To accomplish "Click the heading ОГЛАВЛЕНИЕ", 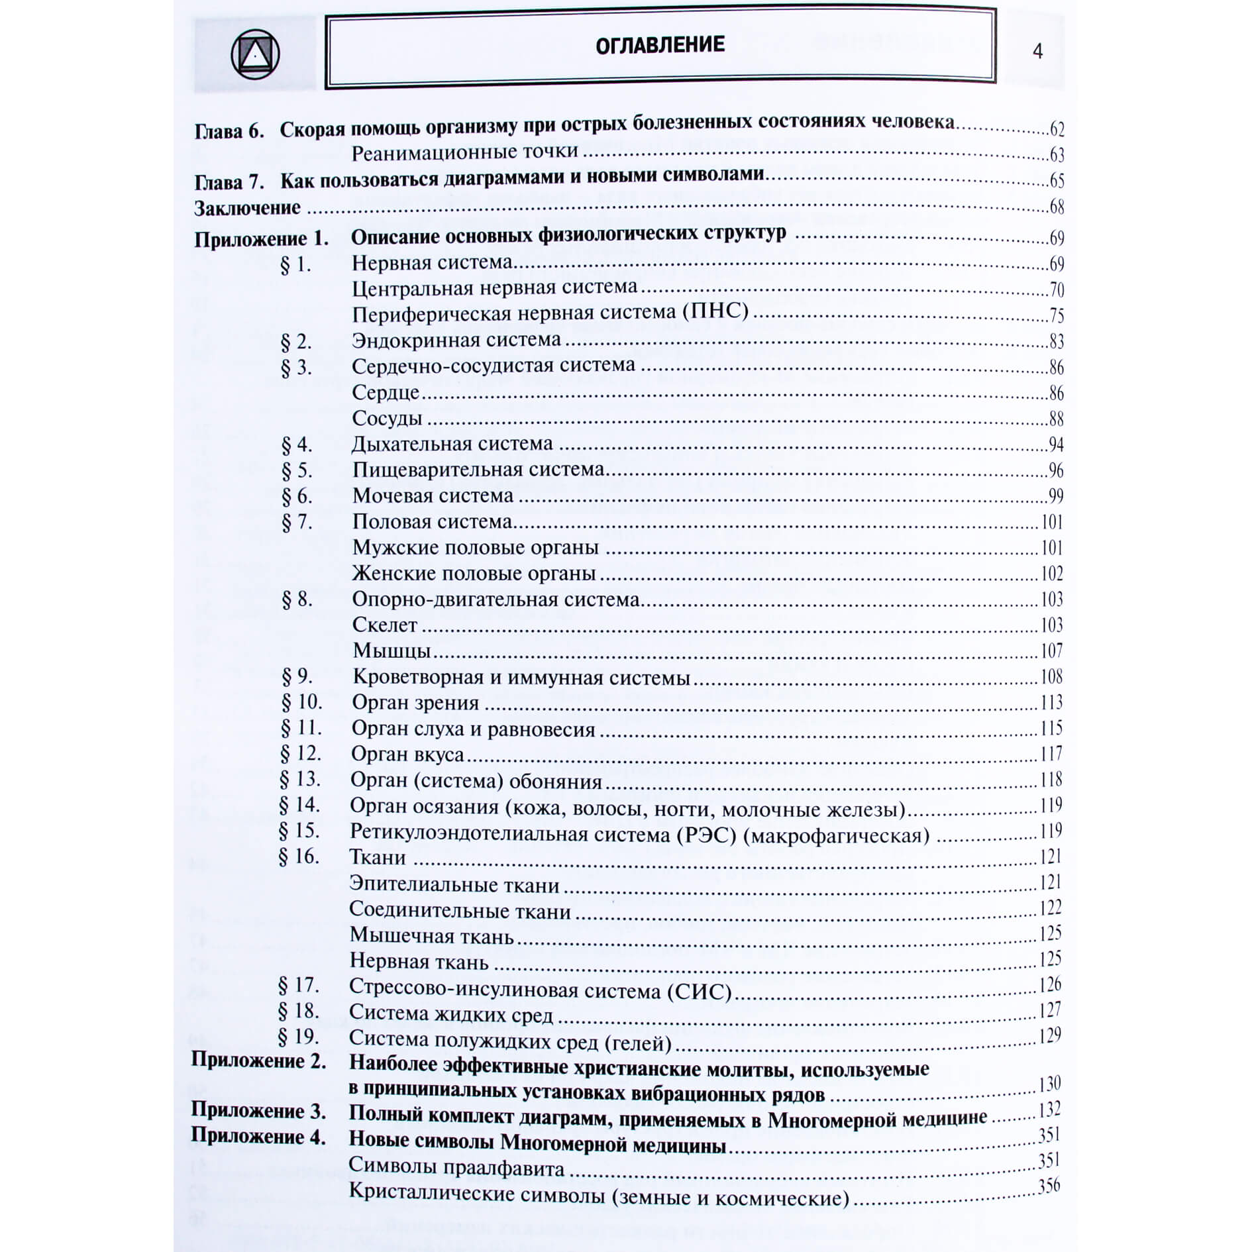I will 660,45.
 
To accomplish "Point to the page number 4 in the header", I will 1037,52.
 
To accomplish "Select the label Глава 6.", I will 229,130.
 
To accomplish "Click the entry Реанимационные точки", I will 465,152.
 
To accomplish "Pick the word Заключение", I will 247,208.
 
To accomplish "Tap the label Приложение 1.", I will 261,238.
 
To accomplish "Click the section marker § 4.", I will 296,444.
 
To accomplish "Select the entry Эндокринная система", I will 456,340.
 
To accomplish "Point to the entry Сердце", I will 386,392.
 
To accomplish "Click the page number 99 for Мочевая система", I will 1055,496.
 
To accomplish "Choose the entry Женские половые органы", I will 474,573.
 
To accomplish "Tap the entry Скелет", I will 385,625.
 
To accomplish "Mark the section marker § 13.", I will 300,779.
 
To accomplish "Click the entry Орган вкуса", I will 407,755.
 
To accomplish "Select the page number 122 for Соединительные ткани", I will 1051,908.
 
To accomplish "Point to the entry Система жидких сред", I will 451,1014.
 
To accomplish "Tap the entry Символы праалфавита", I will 456,1167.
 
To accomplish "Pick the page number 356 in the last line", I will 1049,1186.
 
